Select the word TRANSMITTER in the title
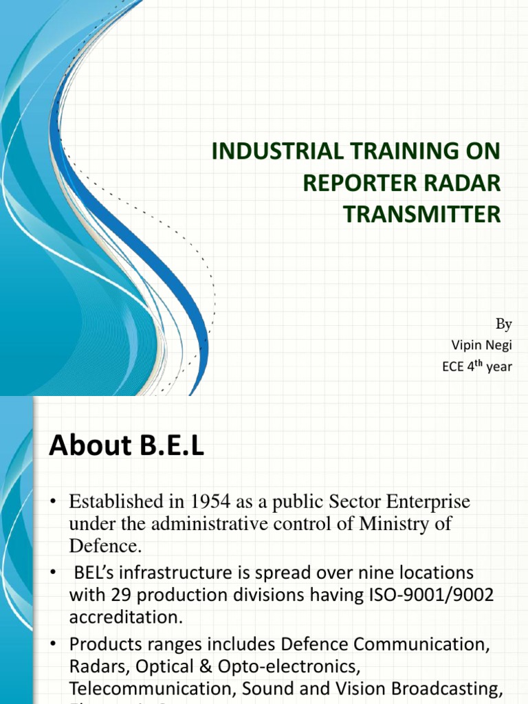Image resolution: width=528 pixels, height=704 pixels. (422, 214)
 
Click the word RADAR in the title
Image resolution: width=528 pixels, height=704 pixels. (465, 183)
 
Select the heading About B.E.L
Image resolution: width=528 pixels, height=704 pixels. (126, 447)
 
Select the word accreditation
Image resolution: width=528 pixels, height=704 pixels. (126, 617)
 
